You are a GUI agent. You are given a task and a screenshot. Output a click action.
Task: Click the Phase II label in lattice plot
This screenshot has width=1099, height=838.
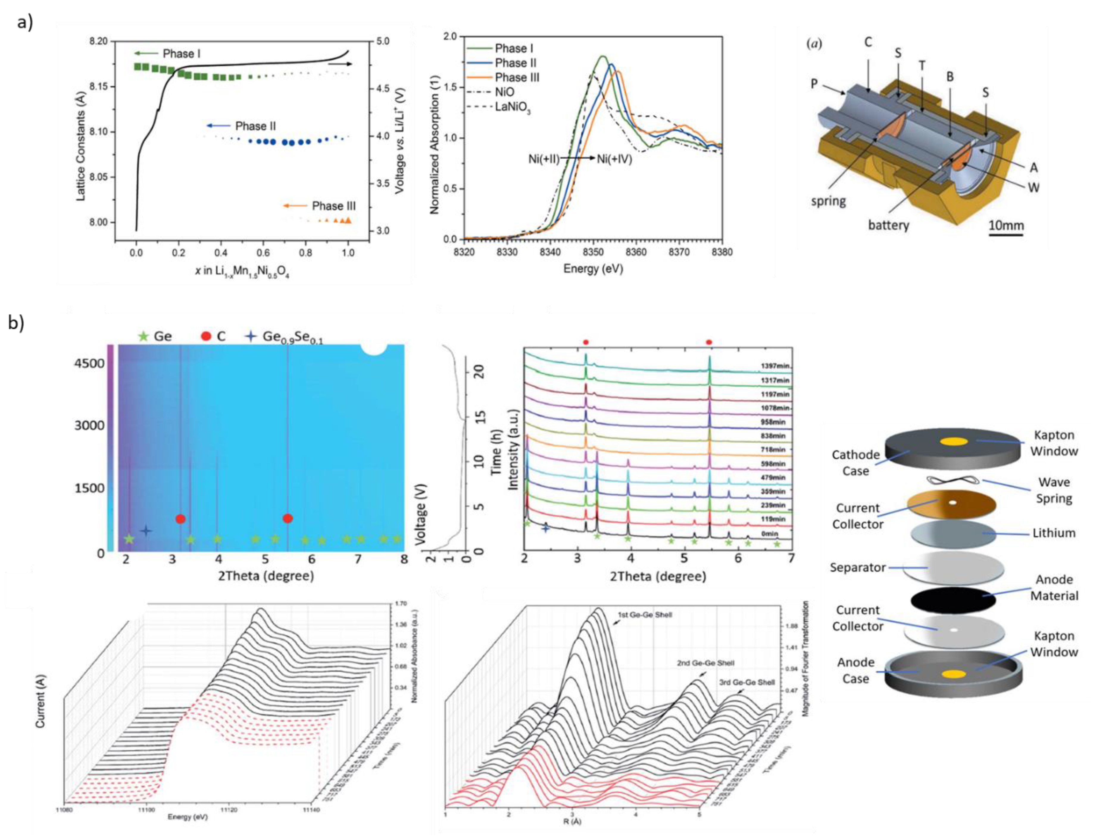coord(255,126)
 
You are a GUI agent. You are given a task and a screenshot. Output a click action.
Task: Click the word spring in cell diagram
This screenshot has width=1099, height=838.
coord(828,201)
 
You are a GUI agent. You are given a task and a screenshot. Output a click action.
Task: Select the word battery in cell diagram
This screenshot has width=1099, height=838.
coord(888,225)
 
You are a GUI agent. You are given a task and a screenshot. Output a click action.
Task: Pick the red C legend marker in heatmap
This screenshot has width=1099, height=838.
coord(206,336)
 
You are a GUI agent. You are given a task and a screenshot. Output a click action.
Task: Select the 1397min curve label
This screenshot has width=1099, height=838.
coord(775,366)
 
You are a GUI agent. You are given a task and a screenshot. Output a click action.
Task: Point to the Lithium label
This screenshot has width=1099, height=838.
coord(1053,533)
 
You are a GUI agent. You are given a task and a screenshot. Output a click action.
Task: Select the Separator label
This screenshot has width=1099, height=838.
coord(857,567)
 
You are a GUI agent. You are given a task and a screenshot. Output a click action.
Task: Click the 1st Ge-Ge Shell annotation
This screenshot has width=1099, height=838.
coord(645,615)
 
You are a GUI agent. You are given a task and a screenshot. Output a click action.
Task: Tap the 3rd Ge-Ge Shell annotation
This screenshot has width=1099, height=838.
coord(747,682)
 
